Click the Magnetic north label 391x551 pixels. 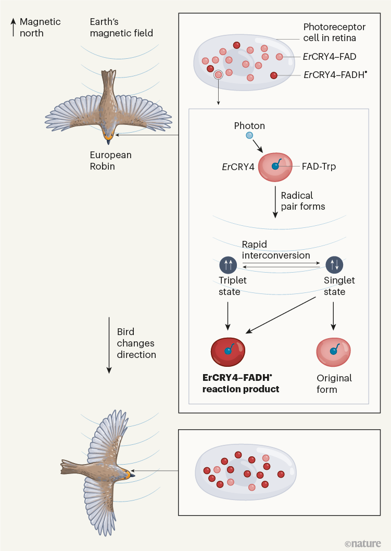coord(40,28)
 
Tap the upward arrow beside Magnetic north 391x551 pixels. coord(13,28)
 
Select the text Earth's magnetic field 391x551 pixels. coord(121,28)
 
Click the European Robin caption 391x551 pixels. coord(110,161)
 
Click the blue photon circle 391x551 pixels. coord(250,136)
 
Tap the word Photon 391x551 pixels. coord(249,125)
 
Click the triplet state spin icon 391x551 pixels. coord(229,265)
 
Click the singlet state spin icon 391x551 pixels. coord(334,265)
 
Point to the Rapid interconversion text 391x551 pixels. coord(275,250)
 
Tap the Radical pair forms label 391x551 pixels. coord(303,201)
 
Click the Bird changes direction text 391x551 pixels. coord(136,343)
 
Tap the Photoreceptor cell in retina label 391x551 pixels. coord(334,33)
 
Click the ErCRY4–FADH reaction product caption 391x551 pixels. coord(242,383)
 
